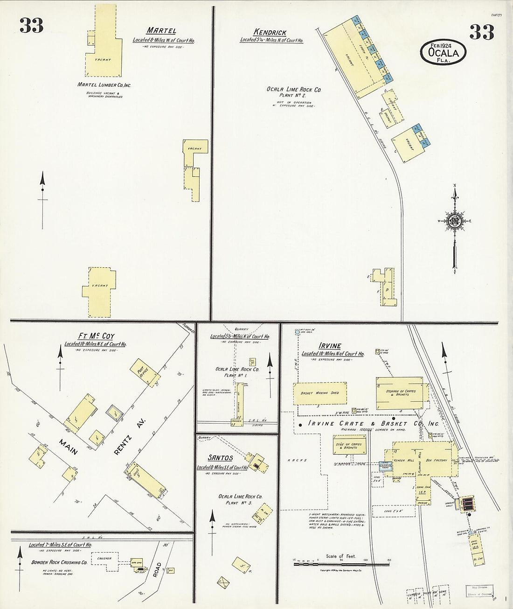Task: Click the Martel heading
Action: [x=161, y=31]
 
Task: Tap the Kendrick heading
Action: [x=270, y=32]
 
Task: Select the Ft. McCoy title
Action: [x=96, y=336]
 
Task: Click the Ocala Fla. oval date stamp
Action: [x=443, y=52]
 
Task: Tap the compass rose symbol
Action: [x=454, y=221]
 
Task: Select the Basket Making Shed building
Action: [x=320, y=393]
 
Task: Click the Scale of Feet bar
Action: [x=344, y=563]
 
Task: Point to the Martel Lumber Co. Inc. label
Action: [x=104, y=85]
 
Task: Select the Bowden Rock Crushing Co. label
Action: [x=59, y=563]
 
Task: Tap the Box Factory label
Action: [x=437, y=460]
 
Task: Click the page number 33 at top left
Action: [x=31, y=26]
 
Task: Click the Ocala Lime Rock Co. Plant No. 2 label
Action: [x=294, y=92]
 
